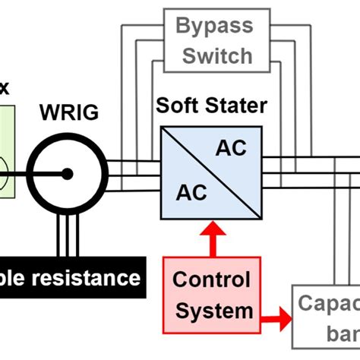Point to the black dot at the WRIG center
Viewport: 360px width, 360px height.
pos(68,173)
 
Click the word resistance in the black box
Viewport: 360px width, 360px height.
pos(91,278)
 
